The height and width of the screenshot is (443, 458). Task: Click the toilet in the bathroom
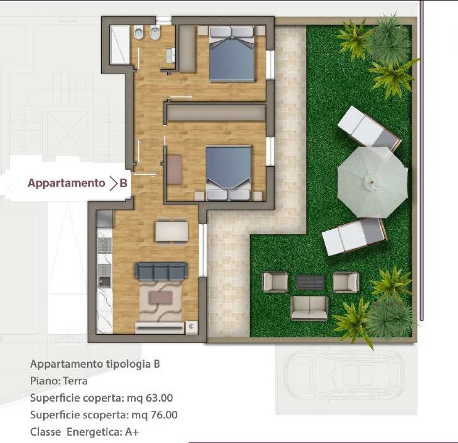[138, 33]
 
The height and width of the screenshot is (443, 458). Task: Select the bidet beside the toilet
[155, 33]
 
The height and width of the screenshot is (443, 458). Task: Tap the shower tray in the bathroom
[120, 44]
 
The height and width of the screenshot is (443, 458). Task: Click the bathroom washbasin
[170, 56]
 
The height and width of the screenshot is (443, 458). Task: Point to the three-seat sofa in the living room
[161, 271]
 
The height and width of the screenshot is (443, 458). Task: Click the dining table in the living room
[172, 231]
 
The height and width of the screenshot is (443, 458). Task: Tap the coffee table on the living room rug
[160, 297]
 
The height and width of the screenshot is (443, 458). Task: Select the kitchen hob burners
[104, 245]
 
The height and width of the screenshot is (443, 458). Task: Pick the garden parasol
[372, 182]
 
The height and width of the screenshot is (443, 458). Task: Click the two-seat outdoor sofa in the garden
[309, 308]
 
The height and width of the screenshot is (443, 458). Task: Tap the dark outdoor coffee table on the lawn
[310, 282]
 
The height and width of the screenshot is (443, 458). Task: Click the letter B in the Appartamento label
[123, 184]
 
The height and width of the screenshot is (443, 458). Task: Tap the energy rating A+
[132, 432]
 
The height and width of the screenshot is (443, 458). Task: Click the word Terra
[75, 381]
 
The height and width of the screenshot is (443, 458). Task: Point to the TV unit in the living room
[159, 328]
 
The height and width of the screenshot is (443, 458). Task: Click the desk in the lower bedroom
[174, 169]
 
